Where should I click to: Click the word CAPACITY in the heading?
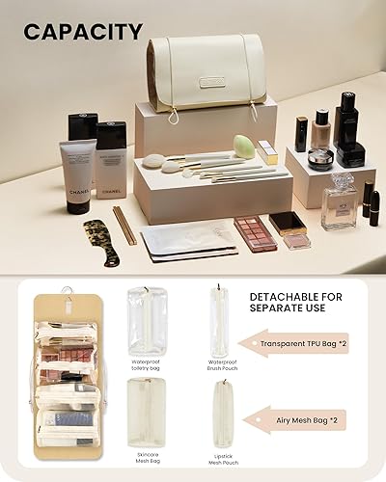83,32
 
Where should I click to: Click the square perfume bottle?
339,203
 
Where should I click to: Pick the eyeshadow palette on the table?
256,232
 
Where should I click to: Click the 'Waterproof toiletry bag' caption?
145,364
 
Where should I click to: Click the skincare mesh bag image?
145,412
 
